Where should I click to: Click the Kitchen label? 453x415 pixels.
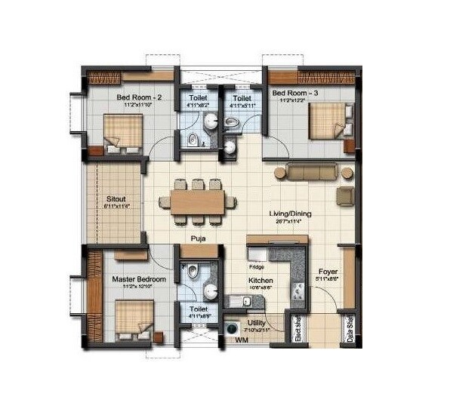tap(260, 279)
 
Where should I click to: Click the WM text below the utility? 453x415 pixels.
tap(242, 342)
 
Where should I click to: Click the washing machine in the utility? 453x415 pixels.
tap(230, 328)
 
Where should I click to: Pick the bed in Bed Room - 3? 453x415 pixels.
tap(328, 121)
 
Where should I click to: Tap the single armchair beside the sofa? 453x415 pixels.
tap(345, 196)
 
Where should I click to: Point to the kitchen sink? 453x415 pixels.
tap(242, 303)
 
